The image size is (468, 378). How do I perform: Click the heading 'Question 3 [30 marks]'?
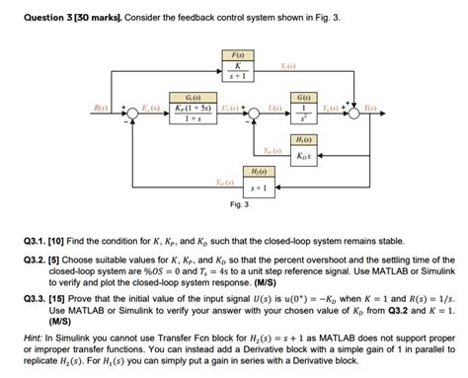click(x=77, y=18)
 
